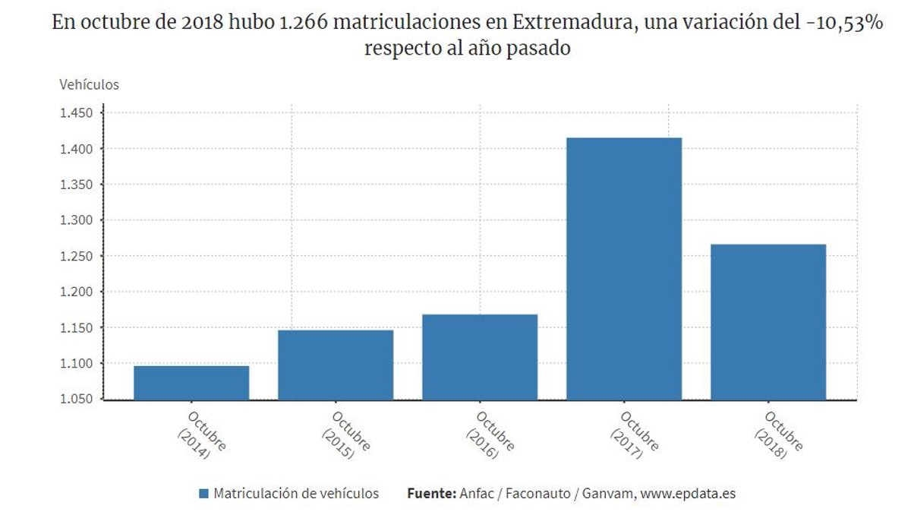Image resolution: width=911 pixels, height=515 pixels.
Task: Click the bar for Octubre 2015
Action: (336, 365)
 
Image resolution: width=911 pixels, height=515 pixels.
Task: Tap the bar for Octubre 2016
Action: (480, 356)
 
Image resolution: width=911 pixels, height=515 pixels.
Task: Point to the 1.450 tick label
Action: (76, 113)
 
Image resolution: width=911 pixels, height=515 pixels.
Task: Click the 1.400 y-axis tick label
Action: (76, 149)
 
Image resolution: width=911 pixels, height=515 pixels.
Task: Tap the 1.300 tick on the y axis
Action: (76, 220)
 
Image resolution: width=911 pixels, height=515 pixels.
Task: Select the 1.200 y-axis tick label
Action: (76, 292)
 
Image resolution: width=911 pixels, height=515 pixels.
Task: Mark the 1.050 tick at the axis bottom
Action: (76, 399)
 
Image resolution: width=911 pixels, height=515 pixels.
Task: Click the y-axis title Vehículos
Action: (89, 84)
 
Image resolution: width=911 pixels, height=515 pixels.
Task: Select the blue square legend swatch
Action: (203, 494)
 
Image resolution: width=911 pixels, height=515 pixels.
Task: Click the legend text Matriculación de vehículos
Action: (296, 494)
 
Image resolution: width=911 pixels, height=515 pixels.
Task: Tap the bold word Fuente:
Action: (431, 494)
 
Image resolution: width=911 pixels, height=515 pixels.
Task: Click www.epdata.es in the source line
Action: (688, 494)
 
